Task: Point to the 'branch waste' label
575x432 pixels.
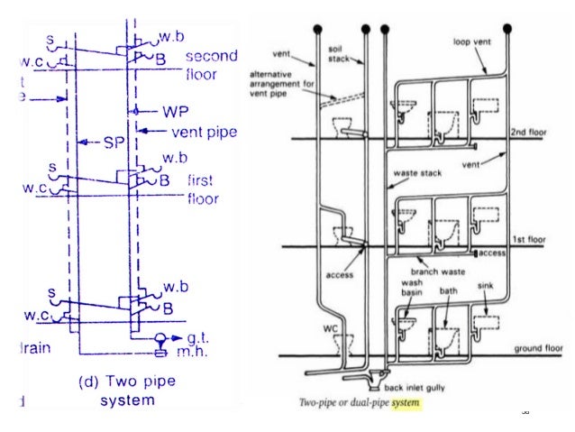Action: pyautogui.click(x=435, y=268)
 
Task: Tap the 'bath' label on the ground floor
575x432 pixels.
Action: pyautogui.click(x=448, y=292)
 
